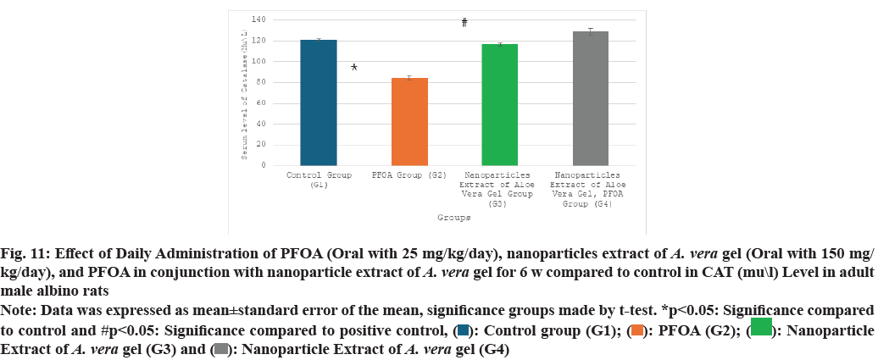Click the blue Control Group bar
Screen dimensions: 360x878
click(x=319, y=102)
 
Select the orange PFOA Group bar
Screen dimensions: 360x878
click(x=409, y=121)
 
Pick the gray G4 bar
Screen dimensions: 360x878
click(x=591, y=98)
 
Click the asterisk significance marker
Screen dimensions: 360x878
click(x=354, y=68)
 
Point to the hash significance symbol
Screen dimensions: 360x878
click(x=464, y=23)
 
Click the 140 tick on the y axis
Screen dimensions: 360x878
click(x=258, y=19)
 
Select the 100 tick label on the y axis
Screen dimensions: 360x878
click(x=258, y=61)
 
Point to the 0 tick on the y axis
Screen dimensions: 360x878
click(x=264, y=165)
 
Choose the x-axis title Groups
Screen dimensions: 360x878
click(x=454, y=218)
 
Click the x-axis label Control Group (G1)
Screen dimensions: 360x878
click(x=319, y=180)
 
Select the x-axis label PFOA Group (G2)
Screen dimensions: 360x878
click(x=409, y=175)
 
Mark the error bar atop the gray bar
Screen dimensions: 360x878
click(x=591, y=31)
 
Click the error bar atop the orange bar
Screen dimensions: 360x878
click(x=409, y=78)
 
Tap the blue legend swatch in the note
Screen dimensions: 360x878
click(x=463, y=329)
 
